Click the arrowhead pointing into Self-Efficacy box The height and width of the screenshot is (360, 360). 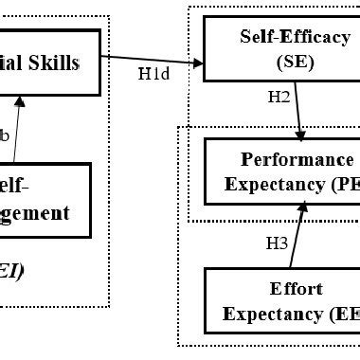pyautogui.click(x=199, y=63)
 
